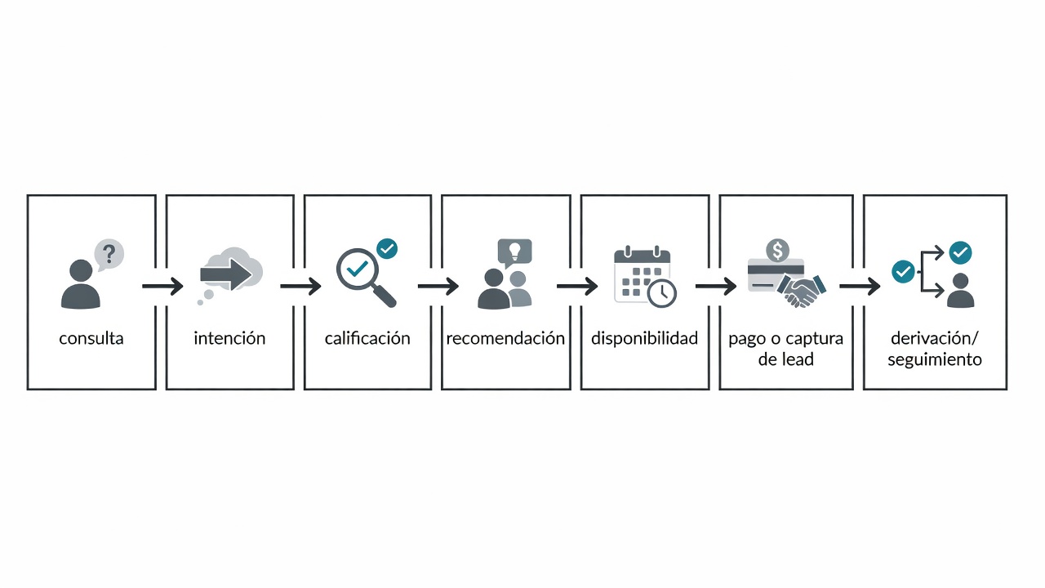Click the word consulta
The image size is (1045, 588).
[91, 338]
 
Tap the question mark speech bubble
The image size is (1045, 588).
[109, 255]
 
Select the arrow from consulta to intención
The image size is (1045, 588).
[162, 286]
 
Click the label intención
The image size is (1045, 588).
[229, 338]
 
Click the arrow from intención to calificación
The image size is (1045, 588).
[300, 286]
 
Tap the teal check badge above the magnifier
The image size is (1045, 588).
[387, 249]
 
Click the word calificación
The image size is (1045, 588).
[367, 338]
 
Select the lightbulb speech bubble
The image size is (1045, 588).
[514, 253]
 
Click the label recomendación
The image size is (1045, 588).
[505, 338]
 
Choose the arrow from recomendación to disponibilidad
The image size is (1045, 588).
[577, 286]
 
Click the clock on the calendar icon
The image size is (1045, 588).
[662, 293]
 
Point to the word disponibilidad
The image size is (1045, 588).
[645, 338]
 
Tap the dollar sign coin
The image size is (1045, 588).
[778, 251]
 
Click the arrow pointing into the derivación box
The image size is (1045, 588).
[860, 286]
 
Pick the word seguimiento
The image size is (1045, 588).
[935, 360]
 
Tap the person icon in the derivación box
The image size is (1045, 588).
[961, 291]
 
